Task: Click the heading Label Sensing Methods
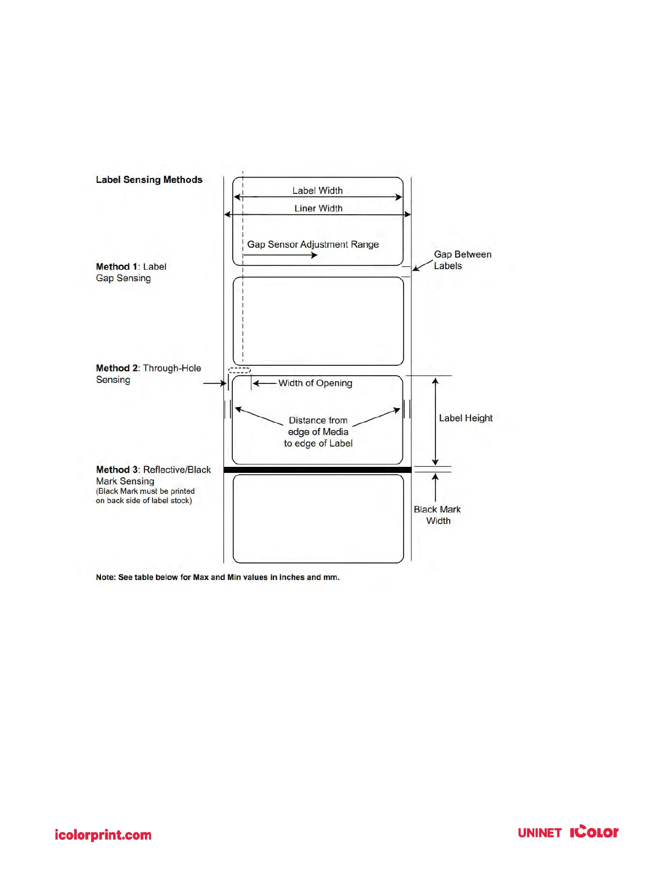pyautogui.click(x=149, y=180)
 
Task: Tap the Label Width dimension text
pyautogui.click(x=317, y=191)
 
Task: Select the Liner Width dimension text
pyautogui.click(x=318, y=208)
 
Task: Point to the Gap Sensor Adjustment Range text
pyautogui.click(x=313, y=244)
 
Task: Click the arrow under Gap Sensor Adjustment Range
pyautogui.click(x=281, y=255)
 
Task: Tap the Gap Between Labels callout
pyautogui.click(x=462, y=260)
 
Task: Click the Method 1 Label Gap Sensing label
pyautogui.click(x=131, y=272)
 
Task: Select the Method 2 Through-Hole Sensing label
pyautogui.click(x=148, y=373)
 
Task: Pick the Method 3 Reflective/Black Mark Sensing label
pyautogui.click(x=153, y=475)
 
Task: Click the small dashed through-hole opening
pyautogui.click(x=239, y=371)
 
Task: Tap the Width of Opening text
pyautogui.click(x=315, y=383)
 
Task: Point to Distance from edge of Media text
pyautogui.click(x=318, y=432)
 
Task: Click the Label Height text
pyautogui.click(x=466, y=418)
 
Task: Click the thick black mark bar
pyautogui.click(x=317, y=470)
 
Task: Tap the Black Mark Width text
pyautogui.click(x=438, y=515)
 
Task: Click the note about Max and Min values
pyautogui.click(x=217, y=577)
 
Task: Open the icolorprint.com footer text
pyautogui.click(x=103, y=835)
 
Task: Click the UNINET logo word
pyautogui.click(x=539, y=833)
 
